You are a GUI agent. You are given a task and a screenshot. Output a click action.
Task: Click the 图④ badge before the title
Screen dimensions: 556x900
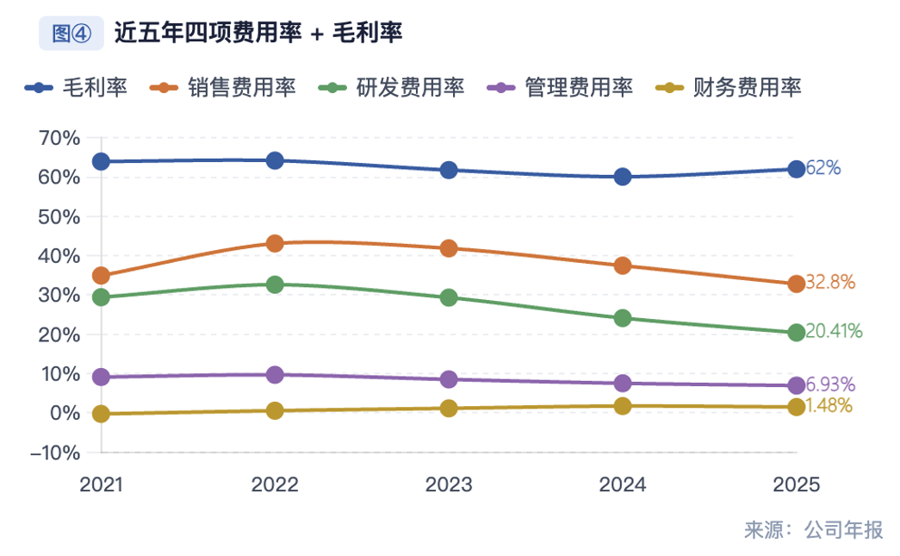tap(71, 34)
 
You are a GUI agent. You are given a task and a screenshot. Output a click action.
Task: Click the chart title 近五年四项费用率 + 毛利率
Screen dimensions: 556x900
tap(258, 34)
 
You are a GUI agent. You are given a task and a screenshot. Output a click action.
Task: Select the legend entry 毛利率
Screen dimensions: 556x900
tap(77, 88)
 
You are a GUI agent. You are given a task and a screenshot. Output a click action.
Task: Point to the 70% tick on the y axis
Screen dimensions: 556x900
tap(59, 138)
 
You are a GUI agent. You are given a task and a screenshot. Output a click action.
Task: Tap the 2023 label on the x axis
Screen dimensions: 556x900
tap(449, 485)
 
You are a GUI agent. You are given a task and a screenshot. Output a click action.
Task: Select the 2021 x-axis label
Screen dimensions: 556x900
tap(101, 485)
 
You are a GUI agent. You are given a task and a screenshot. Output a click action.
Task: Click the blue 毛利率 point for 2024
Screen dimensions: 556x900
tap(623, 177)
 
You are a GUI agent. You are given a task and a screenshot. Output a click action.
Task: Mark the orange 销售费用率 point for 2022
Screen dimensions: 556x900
tap(275, 243)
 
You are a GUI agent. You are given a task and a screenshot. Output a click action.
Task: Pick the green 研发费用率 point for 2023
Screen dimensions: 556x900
tap(449, 297)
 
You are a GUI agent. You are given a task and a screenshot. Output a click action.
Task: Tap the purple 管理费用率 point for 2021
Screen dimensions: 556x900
tap(101, 377)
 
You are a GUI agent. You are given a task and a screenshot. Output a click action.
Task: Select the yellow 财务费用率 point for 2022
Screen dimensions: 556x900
tap(275, 410)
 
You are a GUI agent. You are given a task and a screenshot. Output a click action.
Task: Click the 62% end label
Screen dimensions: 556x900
tap(823, 169)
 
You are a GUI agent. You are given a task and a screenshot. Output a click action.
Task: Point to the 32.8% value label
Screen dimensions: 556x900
tap(830, 283)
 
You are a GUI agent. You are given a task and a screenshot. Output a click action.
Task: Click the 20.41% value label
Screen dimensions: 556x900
tap(834, 332)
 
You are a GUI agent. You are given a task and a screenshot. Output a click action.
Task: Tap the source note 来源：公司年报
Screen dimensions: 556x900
tap(814, 530)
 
